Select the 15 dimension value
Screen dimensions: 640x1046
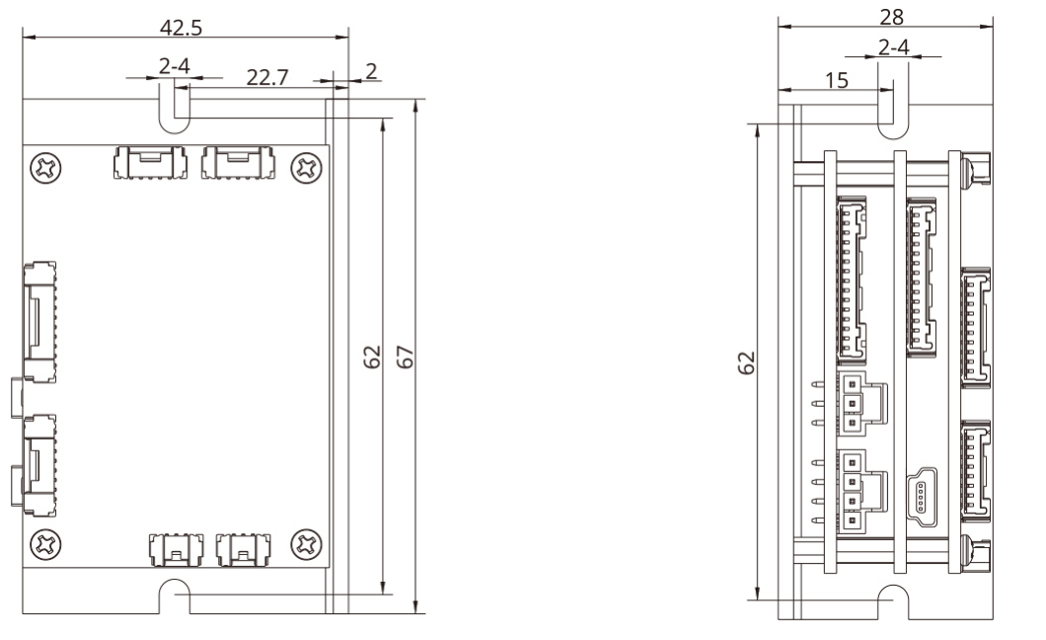(836, 81)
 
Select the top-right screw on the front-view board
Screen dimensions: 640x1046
(306, 166)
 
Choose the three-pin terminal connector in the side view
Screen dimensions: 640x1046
(856, 403)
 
